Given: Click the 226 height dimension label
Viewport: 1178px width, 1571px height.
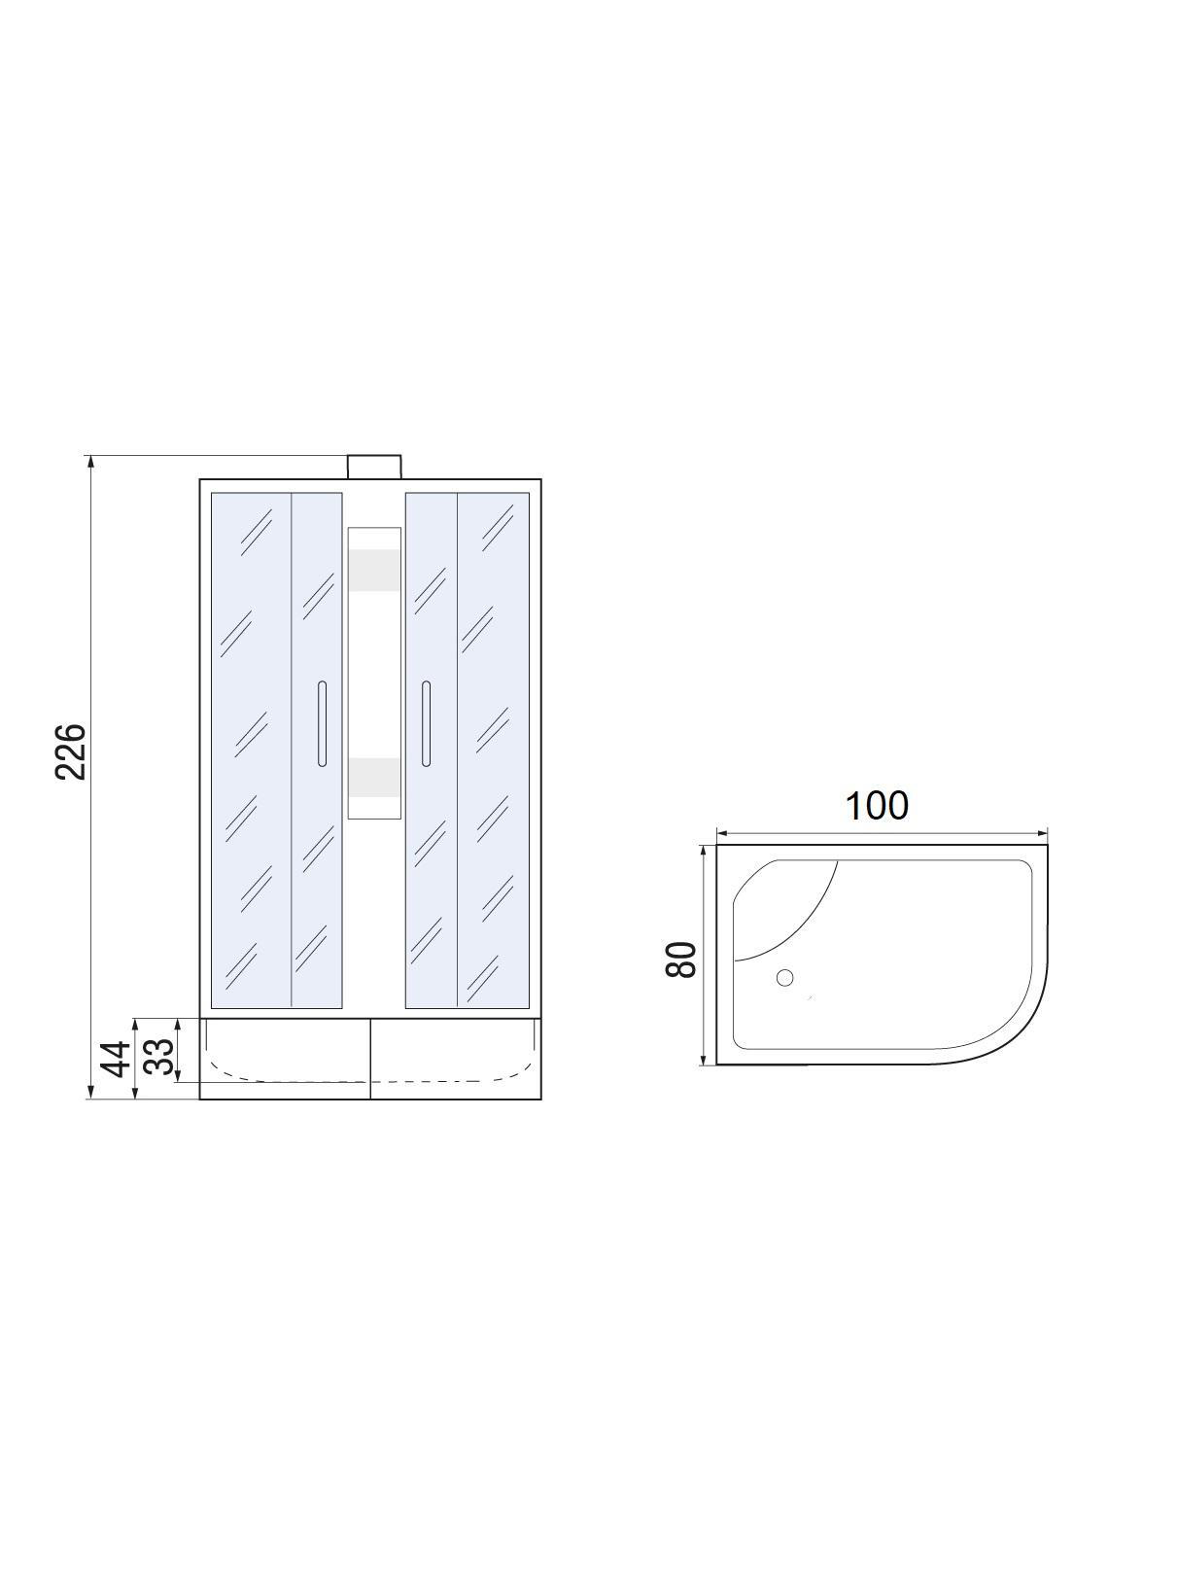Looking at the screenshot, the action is pos(71,751).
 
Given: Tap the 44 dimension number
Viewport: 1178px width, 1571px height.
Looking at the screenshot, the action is pos(115,1060).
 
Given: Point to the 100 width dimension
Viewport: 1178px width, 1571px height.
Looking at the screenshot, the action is pos(877,806).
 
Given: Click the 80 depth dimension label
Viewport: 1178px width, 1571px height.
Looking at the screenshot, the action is pos(680,960).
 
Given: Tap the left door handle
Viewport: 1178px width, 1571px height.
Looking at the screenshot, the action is pos(322,723).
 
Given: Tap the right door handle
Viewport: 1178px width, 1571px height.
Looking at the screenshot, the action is pos(427,723).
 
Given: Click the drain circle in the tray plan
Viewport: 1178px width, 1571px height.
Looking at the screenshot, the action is pos(784,978).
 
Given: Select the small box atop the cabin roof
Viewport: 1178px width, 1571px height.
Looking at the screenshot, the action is pos(374,467).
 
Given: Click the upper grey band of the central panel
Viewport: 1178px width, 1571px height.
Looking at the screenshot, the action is pos(374,571).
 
